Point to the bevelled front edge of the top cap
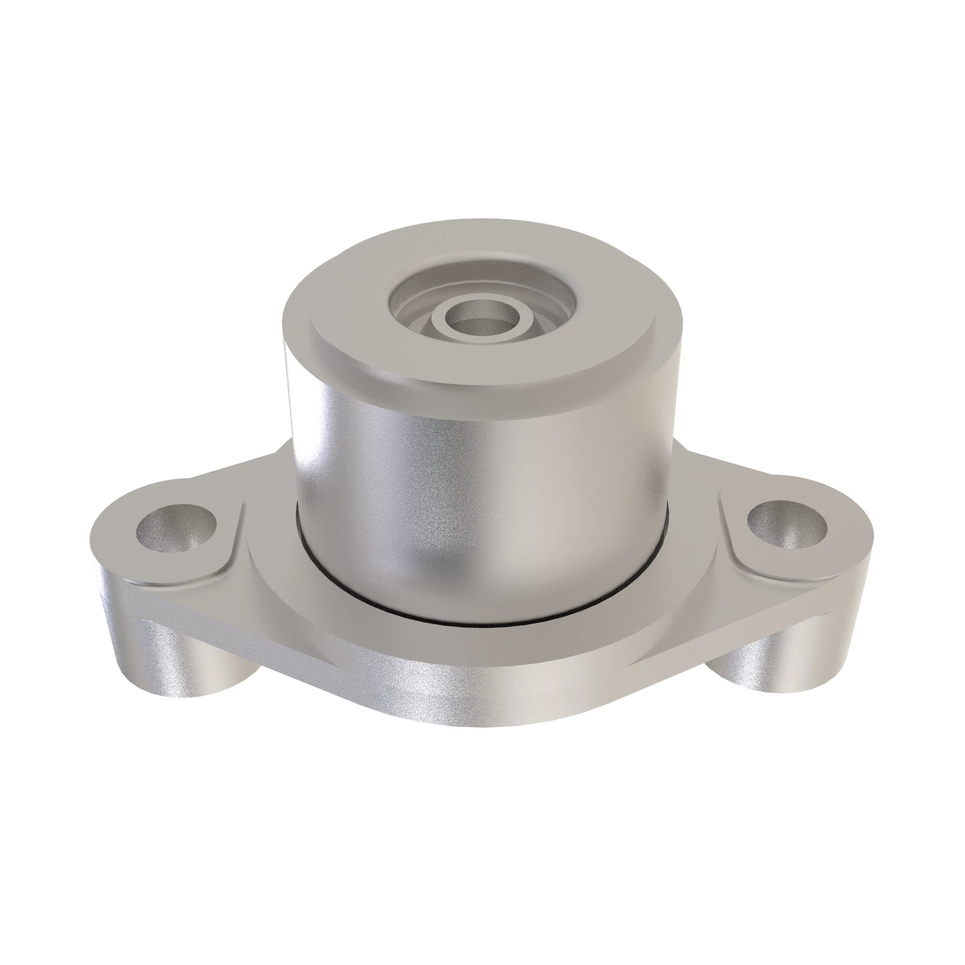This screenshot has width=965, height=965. (x=480, y=395)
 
